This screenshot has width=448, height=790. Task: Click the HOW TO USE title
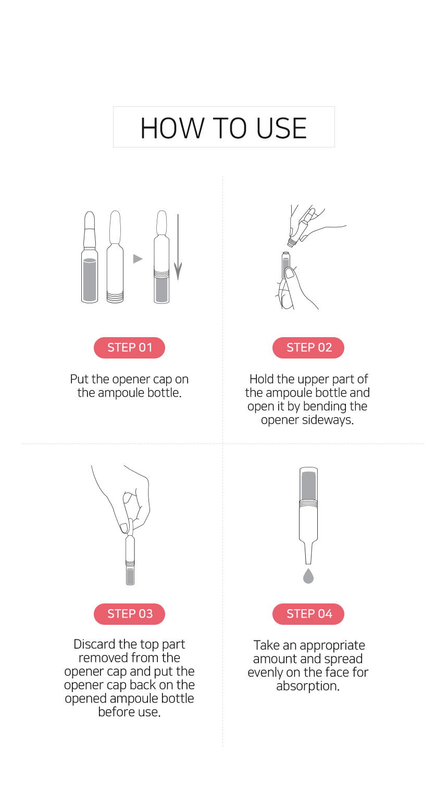(223, 128)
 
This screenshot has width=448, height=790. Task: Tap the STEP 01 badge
(129, 348)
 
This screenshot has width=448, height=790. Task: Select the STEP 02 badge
(308, 348)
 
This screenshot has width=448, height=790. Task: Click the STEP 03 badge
(129, 614)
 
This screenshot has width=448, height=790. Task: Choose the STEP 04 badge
(308, 614)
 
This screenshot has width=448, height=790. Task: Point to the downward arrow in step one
(178, 247)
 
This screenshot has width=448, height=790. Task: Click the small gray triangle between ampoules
(138, 259)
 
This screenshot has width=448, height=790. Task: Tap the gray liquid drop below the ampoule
(308, 576)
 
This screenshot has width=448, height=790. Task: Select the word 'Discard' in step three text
(95, 644)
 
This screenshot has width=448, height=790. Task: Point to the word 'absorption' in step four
(308, 686)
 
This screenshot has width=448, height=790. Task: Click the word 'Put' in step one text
(79, 379)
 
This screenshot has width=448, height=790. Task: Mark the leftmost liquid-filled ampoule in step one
(90, 257)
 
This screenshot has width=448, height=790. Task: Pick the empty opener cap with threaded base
(115, 257)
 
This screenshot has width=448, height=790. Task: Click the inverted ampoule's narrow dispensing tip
(308, 554)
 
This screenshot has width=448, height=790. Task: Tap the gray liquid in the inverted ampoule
(309, 485)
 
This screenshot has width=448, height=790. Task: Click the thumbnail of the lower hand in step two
(290, 273)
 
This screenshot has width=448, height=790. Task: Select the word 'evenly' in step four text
(266, 673)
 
